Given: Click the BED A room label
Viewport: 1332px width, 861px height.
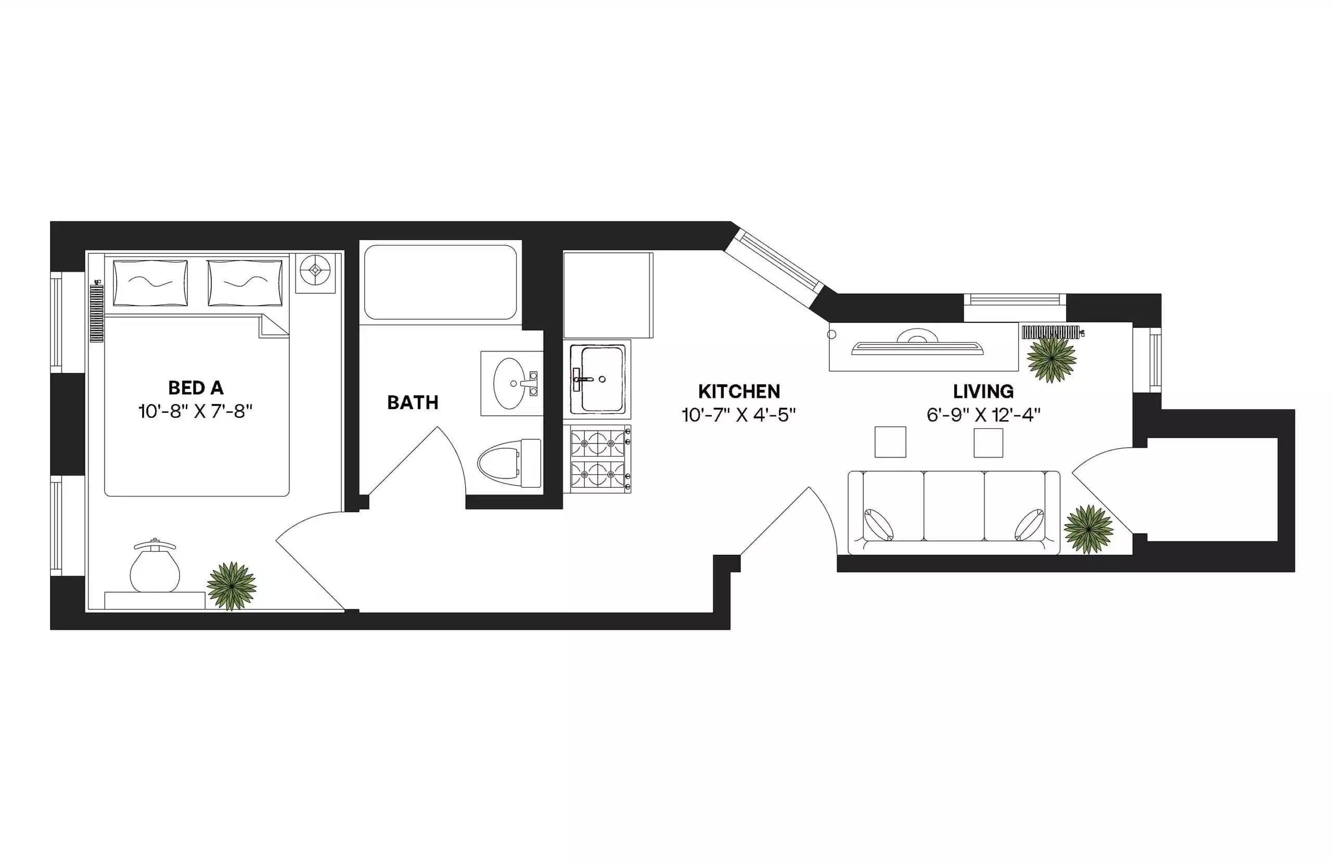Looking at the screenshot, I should click(195, 387).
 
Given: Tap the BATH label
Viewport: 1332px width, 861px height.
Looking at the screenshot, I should click(412, 402).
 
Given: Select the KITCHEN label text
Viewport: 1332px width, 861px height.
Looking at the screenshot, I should click(738, 392).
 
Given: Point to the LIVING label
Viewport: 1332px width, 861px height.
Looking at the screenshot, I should click(983, 392).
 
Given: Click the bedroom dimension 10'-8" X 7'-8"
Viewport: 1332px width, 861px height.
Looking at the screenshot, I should click(195, 412).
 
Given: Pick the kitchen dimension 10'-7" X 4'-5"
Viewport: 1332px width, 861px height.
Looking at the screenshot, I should click(738, 415).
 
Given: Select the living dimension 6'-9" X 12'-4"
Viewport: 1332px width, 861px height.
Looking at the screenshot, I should click(983, 415).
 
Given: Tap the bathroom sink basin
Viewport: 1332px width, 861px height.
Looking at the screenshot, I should click(509, 384).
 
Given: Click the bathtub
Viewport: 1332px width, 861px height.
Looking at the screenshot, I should click(440, 282).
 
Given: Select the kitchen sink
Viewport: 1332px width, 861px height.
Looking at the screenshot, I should click(597, 379).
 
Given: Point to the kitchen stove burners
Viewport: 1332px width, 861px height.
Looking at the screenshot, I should click(597, 459).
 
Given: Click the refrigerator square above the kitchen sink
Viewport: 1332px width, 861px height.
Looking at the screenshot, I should click(608, 295).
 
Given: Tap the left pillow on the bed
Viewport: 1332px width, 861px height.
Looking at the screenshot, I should click(150, 283).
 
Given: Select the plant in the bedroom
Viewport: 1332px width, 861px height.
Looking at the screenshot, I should click(231, 586).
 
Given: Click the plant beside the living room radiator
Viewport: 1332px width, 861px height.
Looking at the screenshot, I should click(1051, 358).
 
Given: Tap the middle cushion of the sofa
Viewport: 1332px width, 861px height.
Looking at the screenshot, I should click(953, 506).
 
